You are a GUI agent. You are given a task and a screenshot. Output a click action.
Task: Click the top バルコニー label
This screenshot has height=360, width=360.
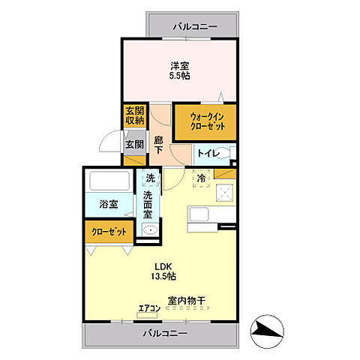point(195,27)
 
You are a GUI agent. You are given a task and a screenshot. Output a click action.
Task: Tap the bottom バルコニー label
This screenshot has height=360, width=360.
point(163,334)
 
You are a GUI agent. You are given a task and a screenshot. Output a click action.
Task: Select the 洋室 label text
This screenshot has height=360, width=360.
point(180,64)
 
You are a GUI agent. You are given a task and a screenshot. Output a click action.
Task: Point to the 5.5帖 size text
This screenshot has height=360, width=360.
point(180,76)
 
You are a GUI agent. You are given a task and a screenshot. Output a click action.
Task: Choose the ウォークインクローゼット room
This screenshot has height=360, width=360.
point(205,121)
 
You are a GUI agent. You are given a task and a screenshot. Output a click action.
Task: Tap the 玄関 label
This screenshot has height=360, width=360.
point(133,145)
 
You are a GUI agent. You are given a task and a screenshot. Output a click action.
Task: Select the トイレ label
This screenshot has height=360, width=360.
point(207,154)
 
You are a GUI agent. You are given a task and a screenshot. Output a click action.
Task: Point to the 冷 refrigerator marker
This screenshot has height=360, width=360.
point(201,178)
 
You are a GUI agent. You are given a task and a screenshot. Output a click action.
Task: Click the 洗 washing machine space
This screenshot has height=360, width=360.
point(149,178)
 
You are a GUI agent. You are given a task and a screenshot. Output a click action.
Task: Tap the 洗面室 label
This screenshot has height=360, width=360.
point(148,205)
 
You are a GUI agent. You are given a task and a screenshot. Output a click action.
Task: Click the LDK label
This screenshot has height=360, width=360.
point(165,265)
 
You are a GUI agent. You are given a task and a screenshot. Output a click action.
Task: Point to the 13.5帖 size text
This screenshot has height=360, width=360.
point(165,277)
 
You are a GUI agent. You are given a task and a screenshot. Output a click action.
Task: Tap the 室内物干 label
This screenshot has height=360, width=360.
point(186,301)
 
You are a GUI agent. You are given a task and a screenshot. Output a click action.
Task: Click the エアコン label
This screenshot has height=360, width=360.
point(148,307)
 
